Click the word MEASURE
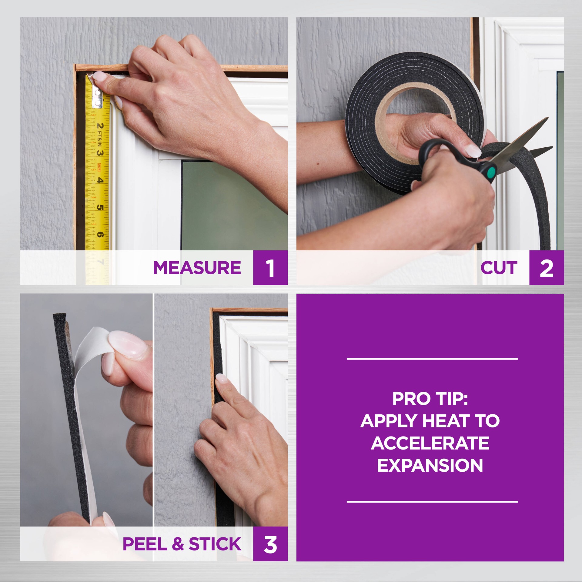click(x=197, y=268)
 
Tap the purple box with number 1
click(x=270, y=268)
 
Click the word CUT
click(x=499, y=268)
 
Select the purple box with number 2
click(x=546, y=268)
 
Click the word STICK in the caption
click(x=215, y=544)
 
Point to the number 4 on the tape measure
click(x=100, y=180)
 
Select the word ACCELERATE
click(x=430, y=443)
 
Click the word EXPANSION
click(x=430, y=465)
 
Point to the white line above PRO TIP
click(x=432, y=359)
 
